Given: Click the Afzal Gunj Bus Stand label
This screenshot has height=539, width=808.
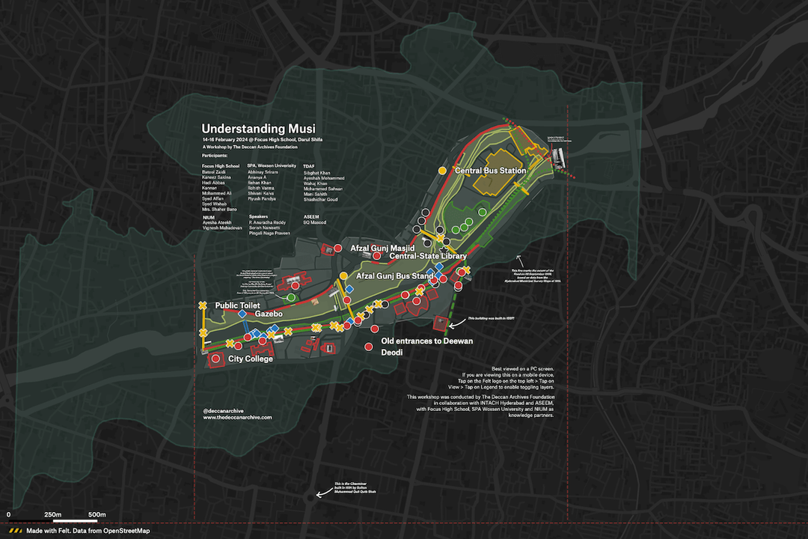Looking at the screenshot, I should click(395, 276).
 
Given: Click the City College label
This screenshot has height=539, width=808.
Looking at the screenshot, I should click(250, 359).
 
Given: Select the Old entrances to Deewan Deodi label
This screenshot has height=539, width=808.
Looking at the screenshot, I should click(427, 347).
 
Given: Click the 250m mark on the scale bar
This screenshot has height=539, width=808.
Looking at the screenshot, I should click(53, 515).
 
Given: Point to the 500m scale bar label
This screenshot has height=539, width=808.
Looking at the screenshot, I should click(97, 515).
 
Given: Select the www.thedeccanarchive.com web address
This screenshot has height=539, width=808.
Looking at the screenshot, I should click(237, 418).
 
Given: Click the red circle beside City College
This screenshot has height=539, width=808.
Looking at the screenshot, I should click(216, 359).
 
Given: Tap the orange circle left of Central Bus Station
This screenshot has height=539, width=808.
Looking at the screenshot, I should click(443, 171).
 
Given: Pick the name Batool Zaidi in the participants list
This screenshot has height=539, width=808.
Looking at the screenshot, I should click(214, 172).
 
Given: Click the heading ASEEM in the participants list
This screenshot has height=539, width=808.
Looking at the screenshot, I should click(310, 217).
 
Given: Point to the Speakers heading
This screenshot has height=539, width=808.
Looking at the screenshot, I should click(258, 217).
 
